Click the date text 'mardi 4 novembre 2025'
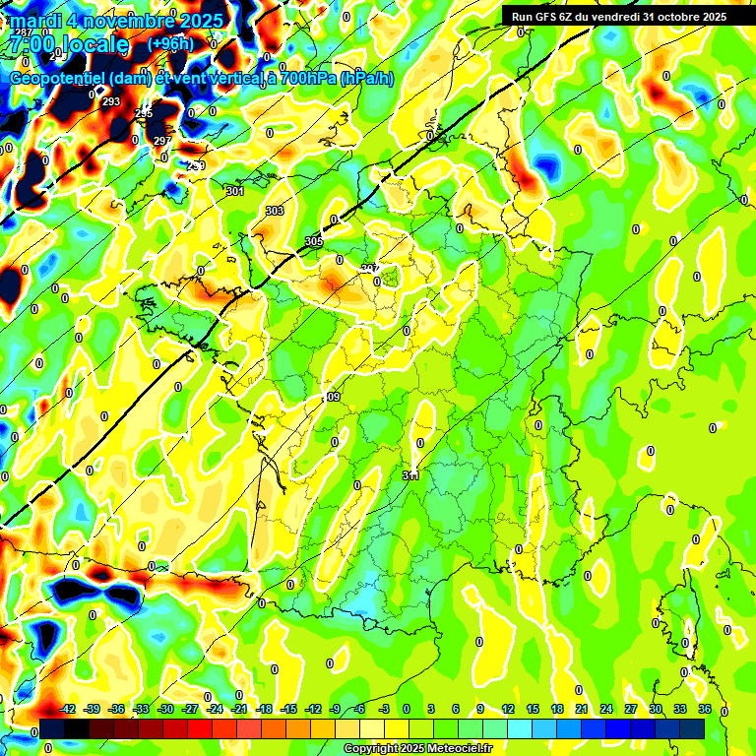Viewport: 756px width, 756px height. tap(116, 20)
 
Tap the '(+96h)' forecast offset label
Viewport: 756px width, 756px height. tap(171, 43)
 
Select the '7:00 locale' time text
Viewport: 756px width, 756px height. tap(68, 44)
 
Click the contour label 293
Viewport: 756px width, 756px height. tap(111, 101)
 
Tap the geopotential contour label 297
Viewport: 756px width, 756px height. tap(162, 141)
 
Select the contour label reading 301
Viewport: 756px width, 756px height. tap(234, 191)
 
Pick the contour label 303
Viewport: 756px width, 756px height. tap(275, 211)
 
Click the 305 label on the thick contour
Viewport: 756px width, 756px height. tap(314, 241)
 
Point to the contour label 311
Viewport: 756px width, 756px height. tap(410, 475)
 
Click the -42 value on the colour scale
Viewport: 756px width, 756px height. tap(68, 709)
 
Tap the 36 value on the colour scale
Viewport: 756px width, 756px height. tap(705, 709)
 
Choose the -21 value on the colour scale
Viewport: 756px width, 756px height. tap(239, 709)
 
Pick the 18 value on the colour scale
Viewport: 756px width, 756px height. tap(557, 709)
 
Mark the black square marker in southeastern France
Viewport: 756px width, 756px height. tap(519, 548)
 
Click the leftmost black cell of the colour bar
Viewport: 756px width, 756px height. tap(52, 727)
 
